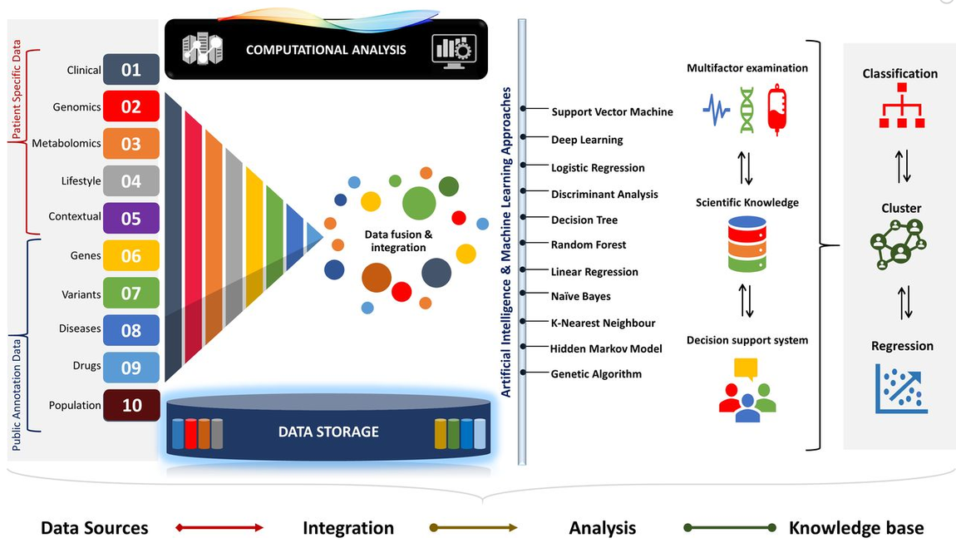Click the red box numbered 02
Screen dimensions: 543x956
pos(131,107)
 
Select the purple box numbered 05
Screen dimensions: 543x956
pos(131,219)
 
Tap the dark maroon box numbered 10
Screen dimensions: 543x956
pos(131,406)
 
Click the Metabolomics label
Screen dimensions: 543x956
pos(67,144)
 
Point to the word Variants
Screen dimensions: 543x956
pos(81,294)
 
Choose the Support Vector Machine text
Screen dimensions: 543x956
pos(612,112)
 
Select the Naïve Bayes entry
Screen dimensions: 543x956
pos(580,296)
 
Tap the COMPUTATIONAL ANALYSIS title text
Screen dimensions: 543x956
pos(326,50)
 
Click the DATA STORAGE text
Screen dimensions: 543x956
pos(328,432)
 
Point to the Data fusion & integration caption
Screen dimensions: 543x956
pos(398,241)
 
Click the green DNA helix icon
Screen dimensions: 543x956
pos(747,111)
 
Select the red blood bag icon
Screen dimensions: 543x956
pos(776,111)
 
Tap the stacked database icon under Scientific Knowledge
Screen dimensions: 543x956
pos(746,244)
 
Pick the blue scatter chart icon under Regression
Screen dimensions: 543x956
pos(901,388)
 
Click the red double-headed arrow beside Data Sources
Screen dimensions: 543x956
pos(219,528)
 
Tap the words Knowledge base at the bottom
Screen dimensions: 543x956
pos(855,528)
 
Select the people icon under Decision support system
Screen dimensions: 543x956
pos(747,390)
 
